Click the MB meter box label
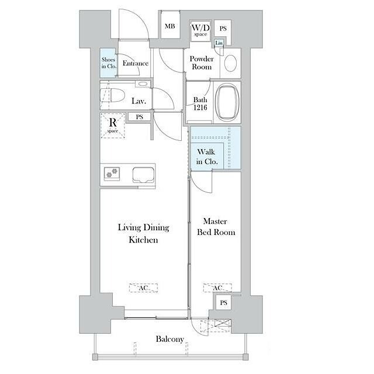(x=170, y=26)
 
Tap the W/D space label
(x=200, y=30)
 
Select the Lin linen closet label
(x=219, y=43)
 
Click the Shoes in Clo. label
(x=109, y=63)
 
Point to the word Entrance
(x=136, y=63)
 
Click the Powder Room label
(x=202, y=63)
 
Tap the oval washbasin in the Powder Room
(x=230, y=64)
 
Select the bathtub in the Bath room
(x=227, y=102)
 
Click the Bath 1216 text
(x=200, y=103)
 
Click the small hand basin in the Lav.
(x=143, y=84)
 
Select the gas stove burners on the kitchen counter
(x=112, y=173)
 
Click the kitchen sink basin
(x=143, y=175)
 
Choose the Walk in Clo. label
(x=207, y=157)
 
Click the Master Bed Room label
(x=216, y=227)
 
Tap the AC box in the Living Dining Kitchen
(x=143, y=288)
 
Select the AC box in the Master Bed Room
(x=217, y=288)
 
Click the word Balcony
(x=170, y=339)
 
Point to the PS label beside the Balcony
(x=223, y=303)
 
